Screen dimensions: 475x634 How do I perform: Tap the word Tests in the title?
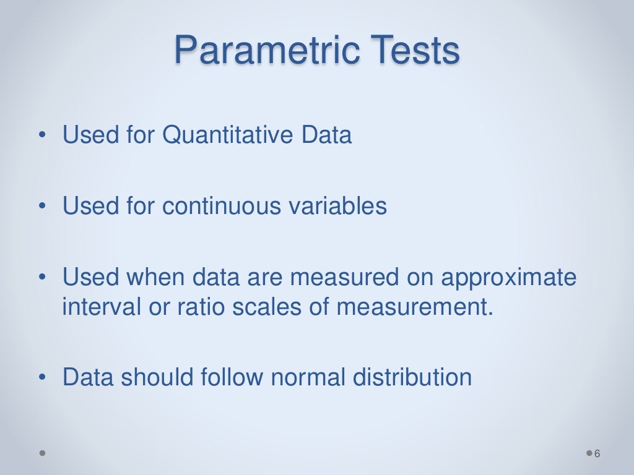point(413,51)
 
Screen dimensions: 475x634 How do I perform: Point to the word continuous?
point(227,206)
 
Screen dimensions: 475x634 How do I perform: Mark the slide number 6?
point(597,454)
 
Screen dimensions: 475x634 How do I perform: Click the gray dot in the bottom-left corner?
point(43,453)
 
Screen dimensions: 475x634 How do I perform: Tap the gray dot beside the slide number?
point(588,454)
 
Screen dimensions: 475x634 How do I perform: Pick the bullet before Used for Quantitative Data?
point(41,135)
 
